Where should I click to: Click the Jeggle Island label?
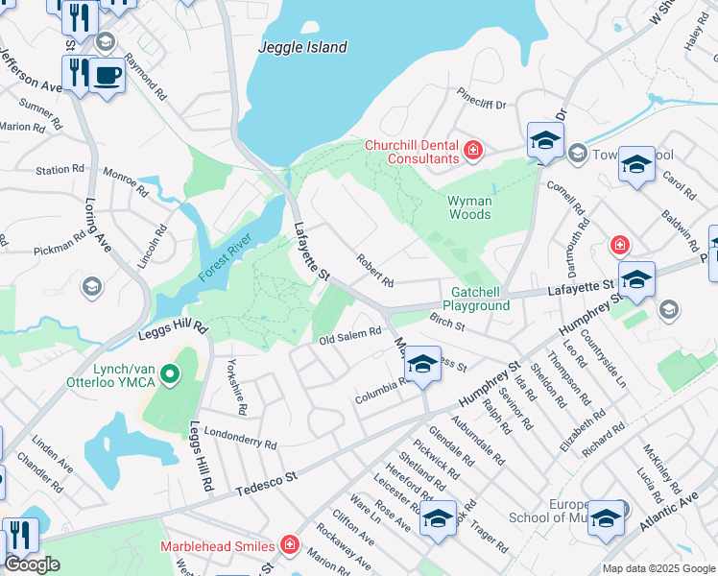303,47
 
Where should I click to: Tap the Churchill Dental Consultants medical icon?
473,151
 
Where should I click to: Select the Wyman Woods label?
469,207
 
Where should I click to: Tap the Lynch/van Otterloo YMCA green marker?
170,373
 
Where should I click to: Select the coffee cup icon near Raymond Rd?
107,76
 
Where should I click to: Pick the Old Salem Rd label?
350,335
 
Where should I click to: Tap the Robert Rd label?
374,271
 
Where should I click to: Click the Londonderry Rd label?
240,439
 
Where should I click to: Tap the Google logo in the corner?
32,564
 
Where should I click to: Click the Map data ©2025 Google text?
658,568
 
